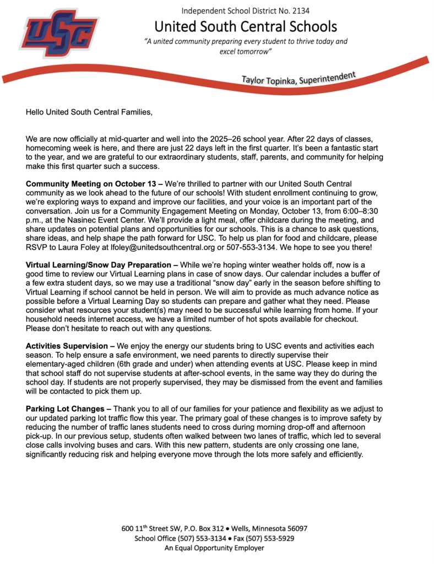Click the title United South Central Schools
click(x=245, y=26)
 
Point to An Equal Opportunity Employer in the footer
click(x=214, y=548)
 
